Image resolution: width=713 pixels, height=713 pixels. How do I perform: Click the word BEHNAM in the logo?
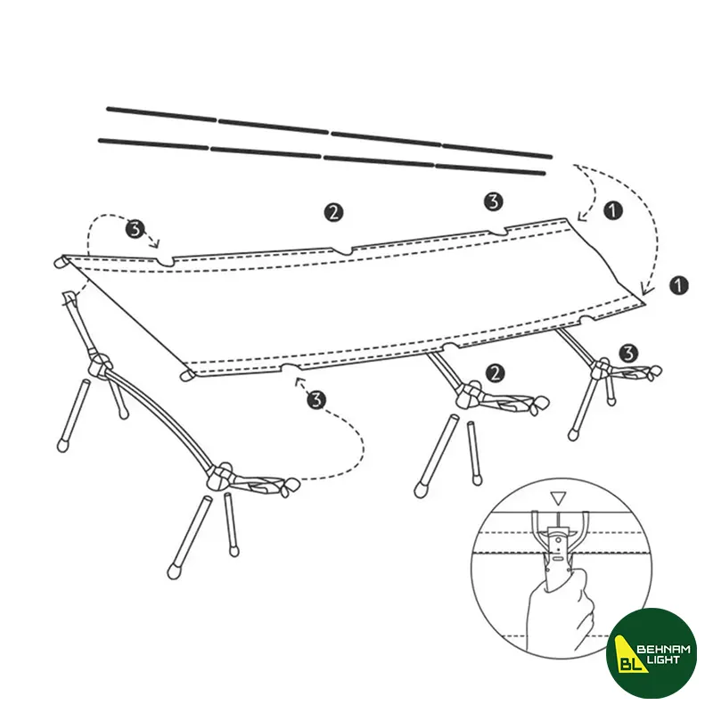tap(663, 650)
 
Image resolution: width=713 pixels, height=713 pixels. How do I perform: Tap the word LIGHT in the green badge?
tap(663, 660)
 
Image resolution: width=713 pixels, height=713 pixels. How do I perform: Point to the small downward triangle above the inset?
tap(558, 498)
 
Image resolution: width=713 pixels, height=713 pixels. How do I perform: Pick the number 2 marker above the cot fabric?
tap(333, 212)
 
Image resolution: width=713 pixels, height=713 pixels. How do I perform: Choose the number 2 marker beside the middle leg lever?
tap(496, 373)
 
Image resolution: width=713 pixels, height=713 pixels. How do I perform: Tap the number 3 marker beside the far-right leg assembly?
tap(628, 353)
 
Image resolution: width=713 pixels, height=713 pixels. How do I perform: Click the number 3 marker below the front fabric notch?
tap(316, 399)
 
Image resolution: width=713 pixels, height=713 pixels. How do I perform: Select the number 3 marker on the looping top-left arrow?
tap(135, 229)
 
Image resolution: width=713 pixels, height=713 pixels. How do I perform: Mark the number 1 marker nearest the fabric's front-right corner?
tap(679, 285)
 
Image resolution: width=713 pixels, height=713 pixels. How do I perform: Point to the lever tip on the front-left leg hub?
tap(289, 487)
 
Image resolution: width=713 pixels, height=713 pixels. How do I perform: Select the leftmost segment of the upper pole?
tap(161, 114)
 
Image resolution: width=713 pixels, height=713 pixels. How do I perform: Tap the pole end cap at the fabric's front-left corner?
tap(186, 375)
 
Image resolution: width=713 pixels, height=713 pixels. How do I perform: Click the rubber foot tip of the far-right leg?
tap(573, 435)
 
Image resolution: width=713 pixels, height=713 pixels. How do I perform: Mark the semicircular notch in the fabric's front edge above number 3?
tap(291, 367)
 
